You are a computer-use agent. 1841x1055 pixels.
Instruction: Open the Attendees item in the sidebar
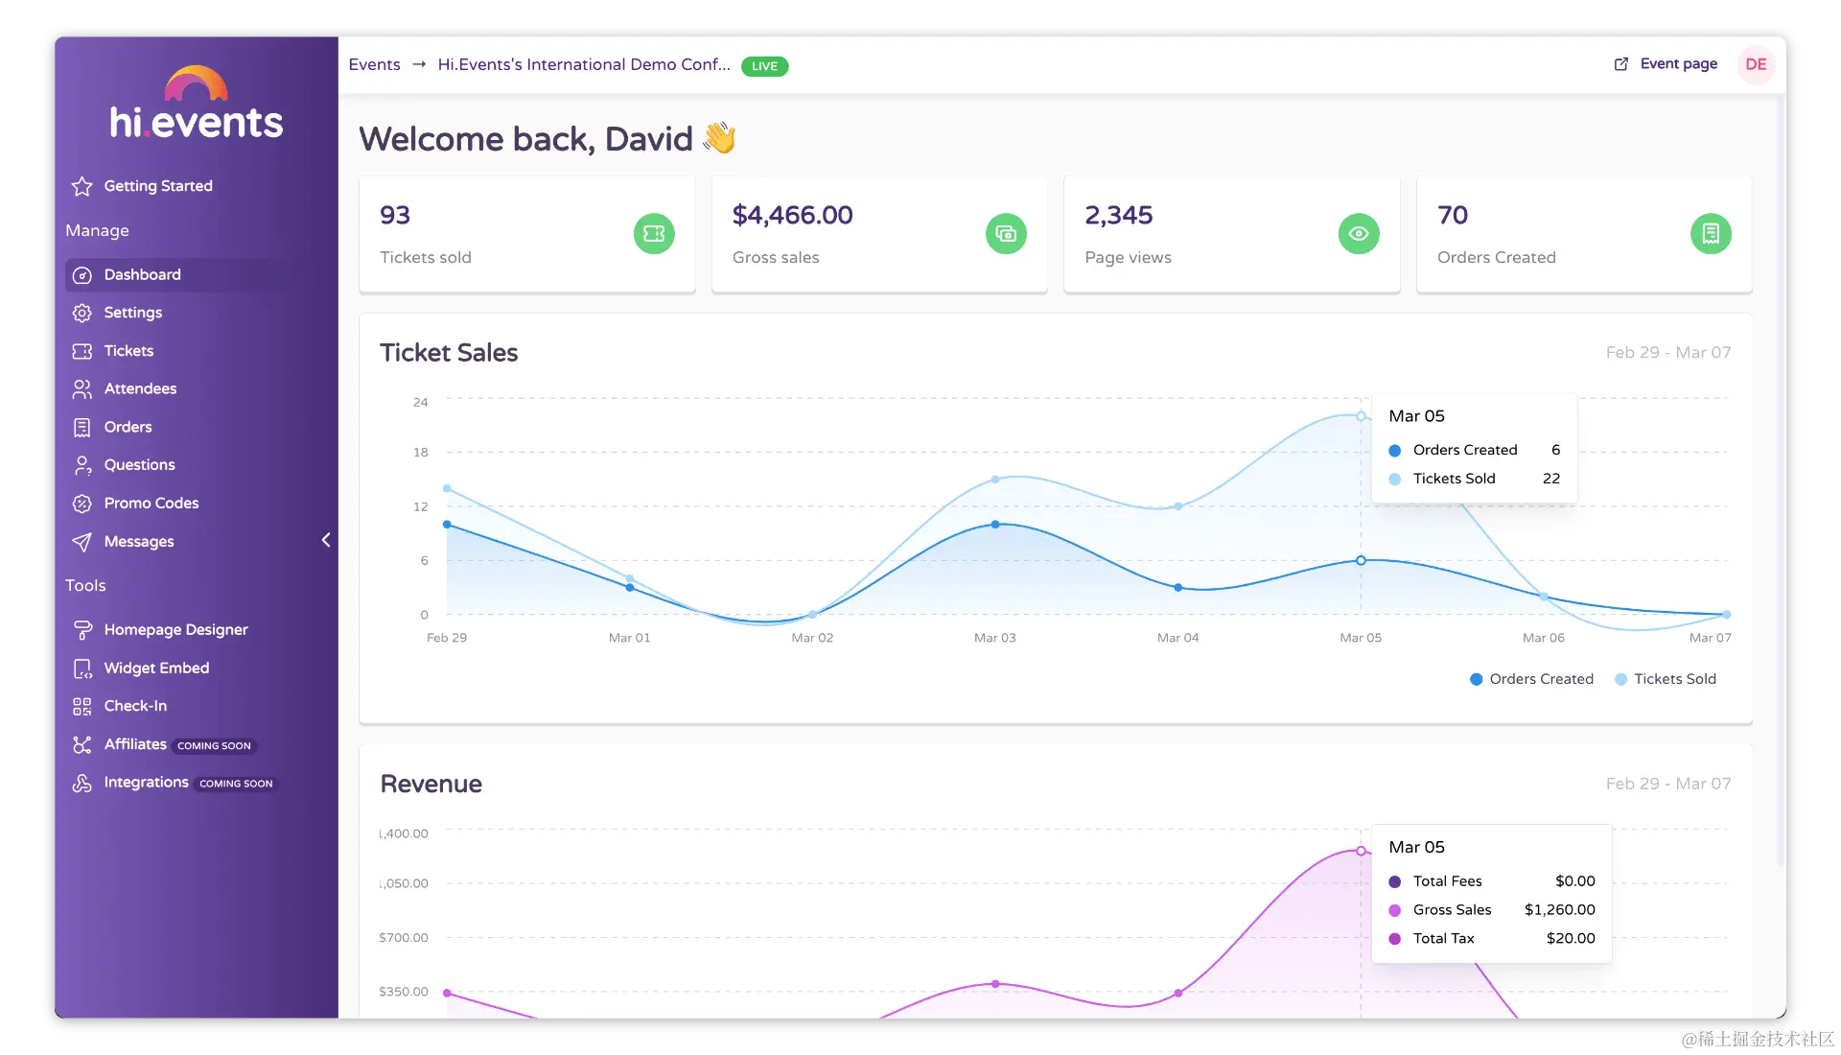(140, 388)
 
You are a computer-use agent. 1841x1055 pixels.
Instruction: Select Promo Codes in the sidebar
(151, 504)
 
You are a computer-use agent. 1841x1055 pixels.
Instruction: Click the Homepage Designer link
(175, 630)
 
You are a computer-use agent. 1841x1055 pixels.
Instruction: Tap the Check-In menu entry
(135, 706)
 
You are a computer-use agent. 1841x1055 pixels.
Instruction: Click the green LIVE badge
(764, 66)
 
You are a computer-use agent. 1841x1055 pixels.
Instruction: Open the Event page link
(1677, 64)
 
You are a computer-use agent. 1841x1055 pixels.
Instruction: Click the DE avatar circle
(1756, 64)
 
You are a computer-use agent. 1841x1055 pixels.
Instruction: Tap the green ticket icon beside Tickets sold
(654, 234)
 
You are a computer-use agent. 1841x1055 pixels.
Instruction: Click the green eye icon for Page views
(1359, 234)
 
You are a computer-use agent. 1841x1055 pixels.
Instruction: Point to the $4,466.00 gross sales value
(792, 216)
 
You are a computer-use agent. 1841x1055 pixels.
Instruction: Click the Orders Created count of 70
(1452, 216)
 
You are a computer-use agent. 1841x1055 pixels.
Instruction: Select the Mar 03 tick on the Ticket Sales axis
(994, 638)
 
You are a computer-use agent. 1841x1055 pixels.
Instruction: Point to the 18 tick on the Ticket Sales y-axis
(421, 453)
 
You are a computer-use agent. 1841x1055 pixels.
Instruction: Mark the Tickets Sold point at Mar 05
(1361, 416)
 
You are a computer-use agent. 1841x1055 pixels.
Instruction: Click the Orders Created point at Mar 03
(995, 525)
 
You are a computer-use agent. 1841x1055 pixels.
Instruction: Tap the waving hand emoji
(719, 138)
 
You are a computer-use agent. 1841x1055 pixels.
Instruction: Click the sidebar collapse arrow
(326, 540)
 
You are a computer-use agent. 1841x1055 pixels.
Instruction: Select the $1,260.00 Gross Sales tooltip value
(1559, 910)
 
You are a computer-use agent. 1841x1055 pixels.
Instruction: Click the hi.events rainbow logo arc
(196, 82)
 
